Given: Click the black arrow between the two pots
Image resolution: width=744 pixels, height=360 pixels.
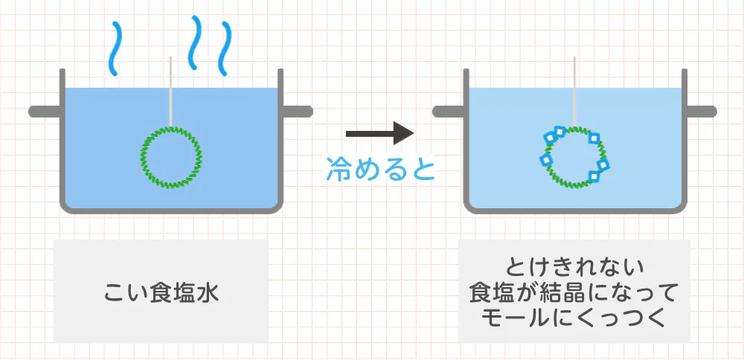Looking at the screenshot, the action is pyautogui.click(x=380, y=134).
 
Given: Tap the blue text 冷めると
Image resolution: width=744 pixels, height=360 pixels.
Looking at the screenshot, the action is pyautogui.click(x=380, y=170).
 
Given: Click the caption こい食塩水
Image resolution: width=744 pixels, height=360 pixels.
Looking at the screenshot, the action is pyautogui.click(x=161, y=292).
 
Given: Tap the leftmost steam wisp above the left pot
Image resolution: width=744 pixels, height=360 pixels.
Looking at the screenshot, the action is pyautogui.click(x=115, y=49).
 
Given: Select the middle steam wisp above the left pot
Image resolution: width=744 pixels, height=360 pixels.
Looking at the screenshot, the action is pyautogui.click(x=194, y=42).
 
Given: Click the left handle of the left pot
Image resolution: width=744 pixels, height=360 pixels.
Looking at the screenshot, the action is pyautogui.click(x=45, y=112).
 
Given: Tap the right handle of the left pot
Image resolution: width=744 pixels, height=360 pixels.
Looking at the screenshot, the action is pyautogui.click(x=297, y=112).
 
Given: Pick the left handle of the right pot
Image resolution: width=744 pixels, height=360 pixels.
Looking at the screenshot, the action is pyautogui.click(x=449, y=112).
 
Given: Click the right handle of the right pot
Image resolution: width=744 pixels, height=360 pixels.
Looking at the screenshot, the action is pyautogui.click(x=700, y=112).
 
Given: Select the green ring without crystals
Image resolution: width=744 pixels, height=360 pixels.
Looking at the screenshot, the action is pyautogui.click(x=142, y=156).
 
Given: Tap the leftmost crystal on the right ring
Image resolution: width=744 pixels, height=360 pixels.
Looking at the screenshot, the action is pyautogui.click(x=545, y=160).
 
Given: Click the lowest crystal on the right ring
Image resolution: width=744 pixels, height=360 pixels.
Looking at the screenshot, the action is pyautogui.click(x=594, y=176).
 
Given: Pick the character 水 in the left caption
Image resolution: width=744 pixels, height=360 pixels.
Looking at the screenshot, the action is pyautogui.click(x=208, y=292).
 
